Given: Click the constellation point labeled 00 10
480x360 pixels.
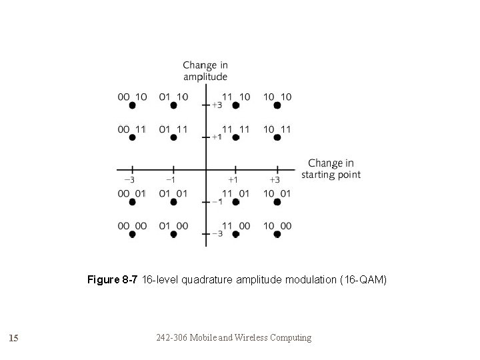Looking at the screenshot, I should point(133,106).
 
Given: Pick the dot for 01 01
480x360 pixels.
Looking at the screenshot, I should point(173,202).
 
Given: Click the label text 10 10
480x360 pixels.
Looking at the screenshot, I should point(277,97).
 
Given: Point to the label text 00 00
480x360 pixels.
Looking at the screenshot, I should point(132,226).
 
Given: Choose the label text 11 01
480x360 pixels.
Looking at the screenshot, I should point(235,193).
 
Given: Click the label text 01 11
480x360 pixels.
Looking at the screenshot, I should point(173,129).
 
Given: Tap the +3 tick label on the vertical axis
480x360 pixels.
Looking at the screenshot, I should point(216,105).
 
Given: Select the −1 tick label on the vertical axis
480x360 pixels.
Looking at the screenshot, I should point(216,201).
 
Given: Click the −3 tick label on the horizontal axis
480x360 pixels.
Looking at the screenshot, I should point(129,179).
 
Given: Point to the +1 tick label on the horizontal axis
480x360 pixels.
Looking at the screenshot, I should point(233,179).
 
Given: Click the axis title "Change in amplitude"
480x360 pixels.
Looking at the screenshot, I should point(205,71).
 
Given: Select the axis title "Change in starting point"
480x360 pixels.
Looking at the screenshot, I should point(331,169).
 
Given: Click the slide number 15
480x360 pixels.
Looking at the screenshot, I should point(13,338).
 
